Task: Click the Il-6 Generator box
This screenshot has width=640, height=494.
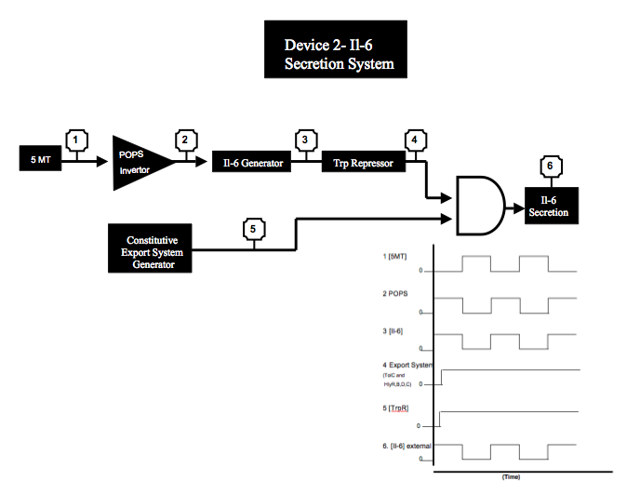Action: point(251,163)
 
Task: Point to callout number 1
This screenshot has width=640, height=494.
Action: point(78,140)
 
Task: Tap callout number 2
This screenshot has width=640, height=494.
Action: point(184,140)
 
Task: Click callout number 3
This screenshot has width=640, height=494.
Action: point(304,140)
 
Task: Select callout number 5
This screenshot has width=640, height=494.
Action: point(253,228)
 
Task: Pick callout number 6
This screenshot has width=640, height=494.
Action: point(550,167)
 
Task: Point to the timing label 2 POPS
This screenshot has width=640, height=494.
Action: point(395,294)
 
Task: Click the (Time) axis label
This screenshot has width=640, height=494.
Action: point(511,476)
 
